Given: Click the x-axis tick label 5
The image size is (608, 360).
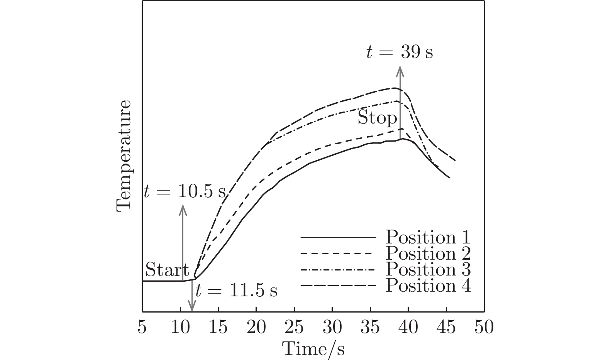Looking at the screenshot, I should tap(142, 328).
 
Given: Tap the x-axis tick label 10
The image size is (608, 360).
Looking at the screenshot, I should tap(180, 328).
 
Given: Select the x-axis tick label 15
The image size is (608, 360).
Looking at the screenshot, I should tap(218, 328).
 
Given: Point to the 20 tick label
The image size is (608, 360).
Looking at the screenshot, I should tap(256, 328).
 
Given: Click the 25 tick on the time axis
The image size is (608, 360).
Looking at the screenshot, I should tap(294, 328).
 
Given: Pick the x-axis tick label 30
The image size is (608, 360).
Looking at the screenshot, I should tap(332, 328).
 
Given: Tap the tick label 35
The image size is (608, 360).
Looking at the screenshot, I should tap(370, 328).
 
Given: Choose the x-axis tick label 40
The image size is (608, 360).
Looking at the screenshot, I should tap(408, 328).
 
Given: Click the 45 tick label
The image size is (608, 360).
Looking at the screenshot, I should tap(446, 328).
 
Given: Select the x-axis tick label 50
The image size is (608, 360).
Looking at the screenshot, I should tap(484, 328).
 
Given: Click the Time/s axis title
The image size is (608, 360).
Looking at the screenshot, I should tap(313, 349).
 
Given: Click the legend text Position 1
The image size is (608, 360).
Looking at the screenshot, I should tap(428, 237).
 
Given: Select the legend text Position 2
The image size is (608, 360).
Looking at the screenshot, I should tap(428, 253).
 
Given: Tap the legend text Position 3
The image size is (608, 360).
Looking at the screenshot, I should tap(428, 269).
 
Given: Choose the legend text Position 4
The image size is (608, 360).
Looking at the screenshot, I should tap(428, 286).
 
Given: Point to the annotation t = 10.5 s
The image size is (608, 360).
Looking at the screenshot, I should tap(184, 191).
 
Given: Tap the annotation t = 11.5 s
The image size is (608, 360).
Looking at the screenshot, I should tap(236, 291).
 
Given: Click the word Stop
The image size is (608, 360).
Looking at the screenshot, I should tap(377, 118).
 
